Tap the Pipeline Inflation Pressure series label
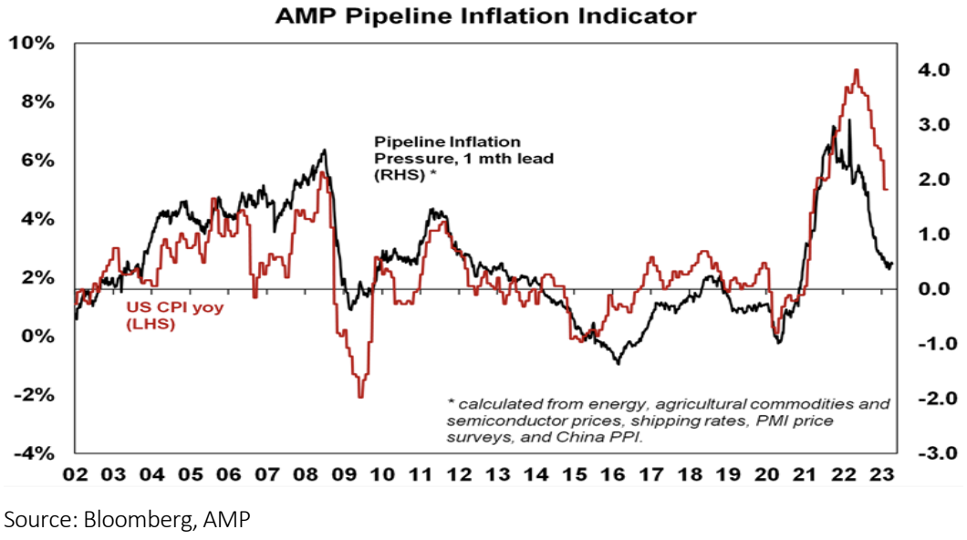pyautogui.click(x=447, y=159)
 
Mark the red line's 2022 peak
pyautogui.click(x=856, y=70)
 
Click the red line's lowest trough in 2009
pyautogui.click(x=360, y=396)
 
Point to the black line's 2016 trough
pyautogui.click(x=618, y=363)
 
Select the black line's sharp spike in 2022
pyautogui.click(x=849, y=120)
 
